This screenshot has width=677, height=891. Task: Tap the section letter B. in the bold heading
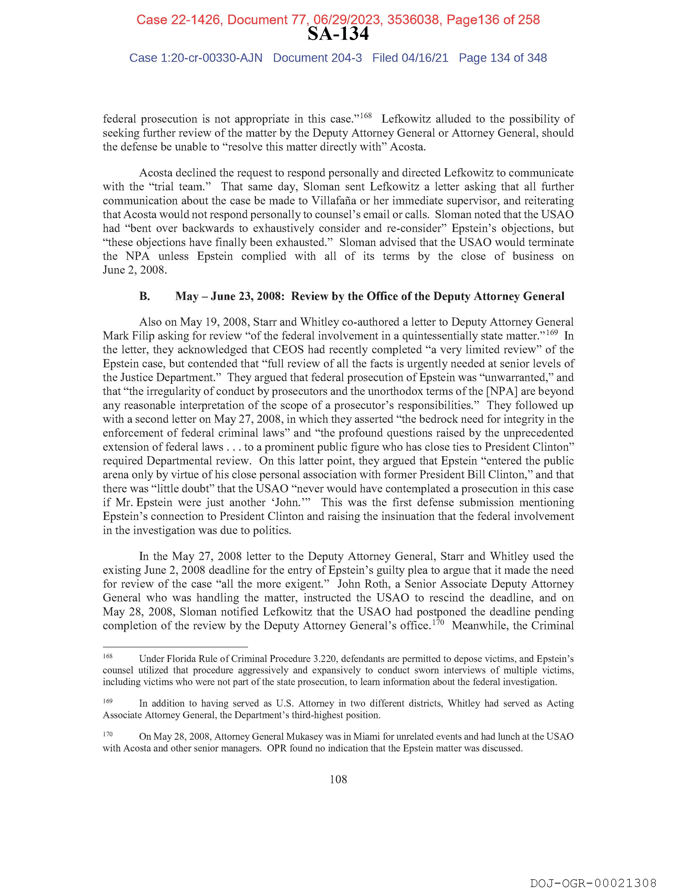click(145, 296)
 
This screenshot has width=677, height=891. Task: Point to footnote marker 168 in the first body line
click(366, 116)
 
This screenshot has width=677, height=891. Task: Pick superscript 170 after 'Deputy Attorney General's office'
click(438, 622)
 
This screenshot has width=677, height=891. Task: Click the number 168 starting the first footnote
click(108, 656)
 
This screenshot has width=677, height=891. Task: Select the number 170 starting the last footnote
click(108, 734)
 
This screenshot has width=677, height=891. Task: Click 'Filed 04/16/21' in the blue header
click(410, 58)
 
